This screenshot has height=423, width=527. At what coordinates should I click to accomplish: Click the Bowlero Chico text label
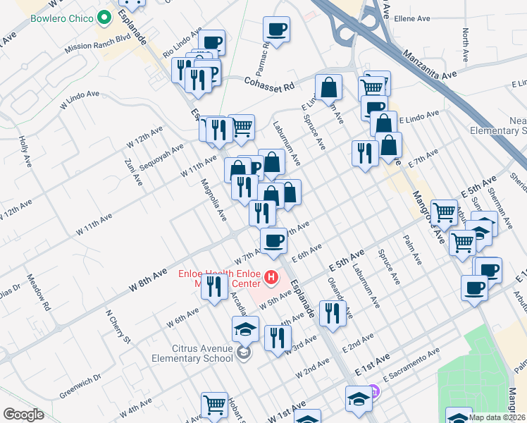tap(63, 16)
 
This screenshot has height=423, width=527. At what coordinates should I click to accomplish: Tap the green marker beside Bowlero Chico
tap(106, 17)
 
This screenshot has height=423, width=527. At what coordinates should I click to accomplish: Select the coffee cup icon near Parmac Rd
tap(276, 30)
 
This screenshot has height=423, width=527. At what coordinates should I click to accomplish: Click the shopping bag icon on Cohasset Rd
tap(328, 87)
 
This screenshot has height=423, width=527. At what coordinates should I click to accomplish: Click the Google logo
tap(23, 415)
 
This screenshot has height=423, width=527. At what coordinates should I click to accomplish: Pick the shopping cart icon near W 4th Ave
tap(214, 405)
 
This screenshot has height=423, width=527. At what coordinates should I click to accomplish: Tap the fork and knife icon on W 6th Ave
tap(214, 286)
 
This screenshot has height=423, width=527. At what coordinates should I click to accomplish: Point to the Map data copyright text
tap(497, 417)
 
